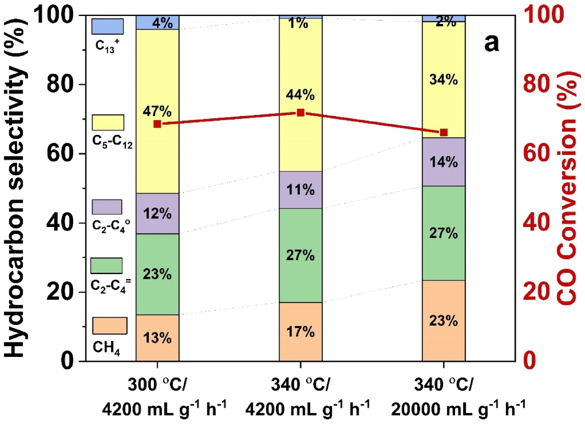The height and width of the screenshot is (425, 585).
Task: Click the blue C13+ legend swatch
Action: (x=108, y=26)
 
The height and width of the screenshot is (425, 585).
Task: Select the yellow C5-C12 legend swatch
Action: (x=108, y=122)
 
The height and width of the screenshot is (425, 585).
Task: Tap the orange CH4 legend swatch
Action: (x=109, y=325)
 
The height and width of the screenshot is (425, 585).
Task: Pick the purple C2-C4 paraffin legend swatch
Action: (x=107, y=207)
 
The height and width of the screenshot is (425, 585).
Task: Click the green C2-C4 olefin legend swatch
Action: (x=106, y=266)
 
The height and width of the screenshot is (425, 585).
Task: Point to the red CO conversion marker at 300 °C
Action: (x=157, y=124)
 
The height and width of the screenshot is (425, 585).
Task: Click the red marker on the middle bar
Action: (x=301, y=113)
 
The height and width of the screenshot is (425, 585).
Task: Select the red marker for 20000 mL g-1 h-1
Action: (x=444, y=132)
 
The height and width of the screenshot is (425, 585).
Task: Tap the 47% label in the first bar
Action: (x=157, y=111)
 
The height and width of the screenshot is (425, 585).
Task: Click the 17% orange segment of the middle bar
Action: (x=301, y=332)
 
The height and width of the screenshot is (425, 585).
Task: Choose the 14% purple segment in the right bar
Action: (x=444, y=162)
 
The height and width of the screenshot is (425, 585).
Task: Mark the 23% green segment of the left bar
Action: (x=157, y=274)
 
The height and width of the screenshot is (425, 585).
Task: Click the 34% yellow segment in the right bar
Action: (x=444, y=79)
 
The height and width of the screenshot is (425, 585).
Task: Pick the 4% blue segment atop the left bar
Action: (x=157, y=22)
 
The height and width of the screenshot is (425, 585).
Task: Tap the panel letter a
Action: (x=491, y=42)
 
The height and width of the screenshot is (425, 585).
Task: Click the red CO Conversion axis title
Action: (x=567, y=187)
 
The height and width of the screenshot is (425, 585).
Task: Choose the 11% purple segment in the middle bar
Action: (x=301, y=190)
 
